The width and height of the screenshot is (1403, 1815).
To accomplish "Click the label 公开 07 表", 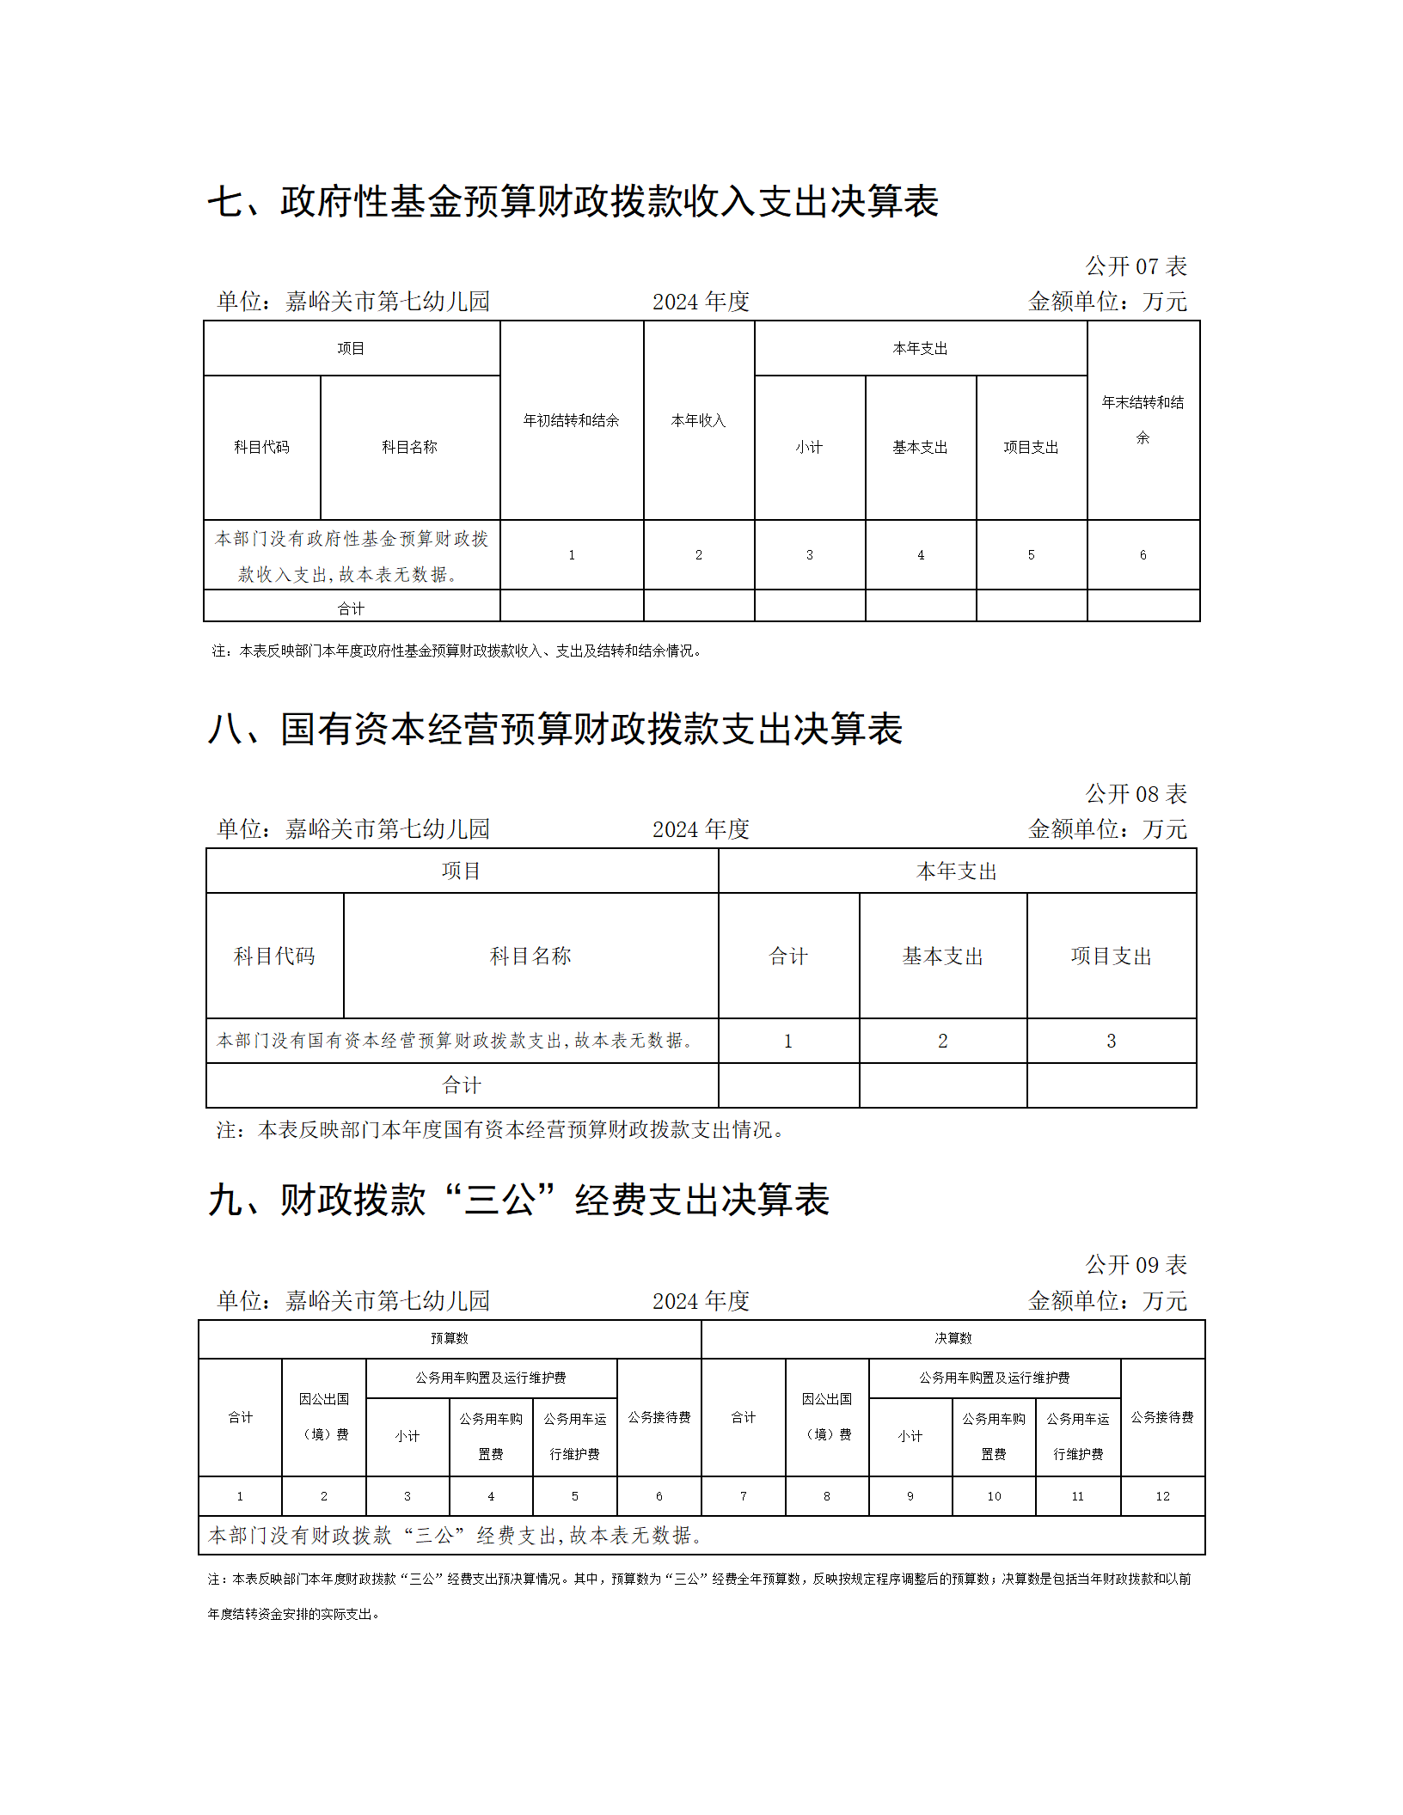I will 1136,266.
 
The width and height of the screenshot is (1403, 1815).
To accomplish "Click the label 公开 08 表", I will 1136,794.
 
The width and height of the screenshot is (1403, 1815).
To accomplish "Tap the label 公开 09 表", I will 1136,1265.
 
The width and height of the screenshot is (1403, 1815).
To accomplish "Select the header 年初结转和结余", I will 571,420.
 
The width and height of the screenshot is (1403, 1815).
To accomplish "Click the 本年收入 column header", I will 698,420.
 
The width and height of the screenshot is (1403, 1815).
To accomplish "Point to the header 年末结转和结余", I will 1143,419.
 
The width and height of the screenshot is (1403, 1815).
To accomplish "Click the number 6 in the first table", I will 1143,555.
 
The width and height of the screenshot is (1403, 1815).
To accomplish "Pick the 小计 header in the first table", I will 809,447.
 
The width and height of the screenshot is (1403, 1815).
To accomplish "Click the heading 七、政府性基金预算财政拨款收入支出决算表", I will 573,202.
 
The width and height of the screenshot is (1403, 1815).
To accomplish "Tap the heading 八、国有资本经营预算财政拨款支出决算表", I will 554,729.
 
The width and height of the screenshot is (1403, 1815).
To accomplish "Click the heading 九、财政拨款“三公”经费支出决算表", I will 518,1200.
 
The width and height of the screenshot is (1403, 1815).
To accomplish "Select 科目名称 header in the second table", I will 530,956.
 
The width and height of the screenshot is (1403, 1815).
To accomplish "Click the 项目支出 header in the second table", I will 1111,956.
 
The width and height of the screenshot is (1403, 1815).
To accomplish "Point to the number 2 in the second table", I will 942,1041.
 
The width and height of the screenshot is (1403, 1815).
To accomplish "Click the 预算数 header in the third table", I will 449,1338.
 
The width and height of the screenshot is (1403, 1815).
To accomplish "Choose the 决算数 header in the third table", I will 953,1338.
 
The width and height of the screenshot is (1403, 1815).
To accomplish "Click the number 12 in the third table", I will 1162,1496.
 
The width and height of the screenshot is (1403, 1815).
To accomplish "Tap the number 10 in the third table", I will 994,1496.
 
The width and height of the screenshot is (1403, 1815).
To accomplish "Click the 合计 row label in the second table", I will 462,1085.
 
